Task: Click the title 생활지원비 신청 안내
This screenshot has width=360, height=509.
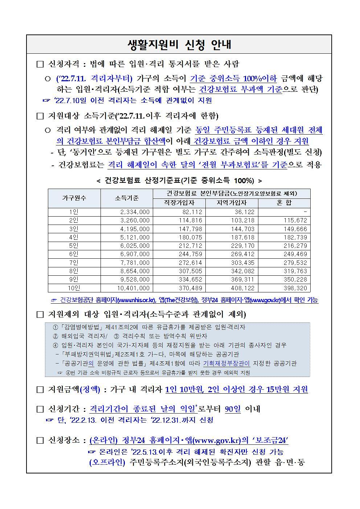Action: point(180,45)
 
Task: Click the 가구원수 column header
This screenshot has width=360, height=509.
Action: point(74,198)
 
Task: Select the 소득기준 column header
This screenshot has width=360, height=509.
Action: point(127,198)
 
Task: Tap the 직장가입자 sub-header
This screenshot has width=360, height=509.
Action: point(179,203)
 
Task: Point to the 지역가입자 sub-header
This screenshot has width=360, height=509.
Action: point(232,203)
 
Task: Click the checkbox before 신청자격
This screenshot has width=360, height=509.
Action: point(40,65)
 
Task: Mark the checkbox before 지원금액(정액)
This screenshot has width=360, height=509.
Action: point(40,390)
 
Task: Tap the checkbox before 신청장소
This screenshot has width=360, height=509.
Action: point(40,440)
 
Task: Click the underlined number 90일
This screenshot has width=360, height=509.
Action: point(233,409)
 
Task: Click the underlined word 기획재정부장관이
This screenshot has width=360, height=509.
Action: point(226,364)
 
